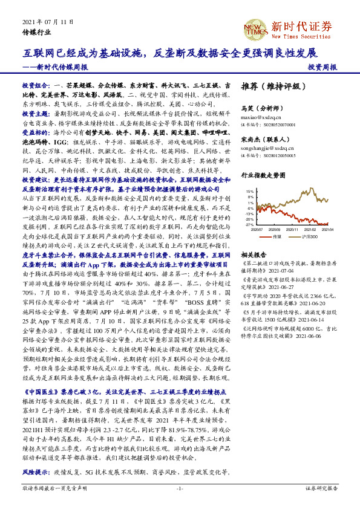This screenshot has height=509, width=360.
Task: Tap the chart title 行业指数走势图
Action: tap(263, 175)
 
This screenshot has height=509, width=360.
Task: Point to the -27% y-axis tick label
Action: tap(249, 224)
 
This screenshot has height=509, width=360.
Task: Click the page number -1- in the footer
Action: tap(180, 487)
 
